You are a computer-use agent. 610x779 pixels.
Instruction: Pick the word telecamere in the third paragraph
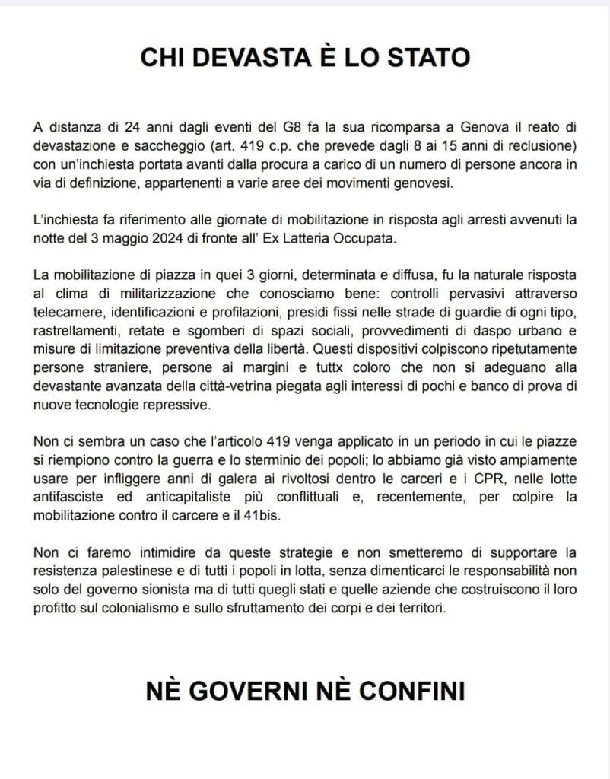pos(65,312)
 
